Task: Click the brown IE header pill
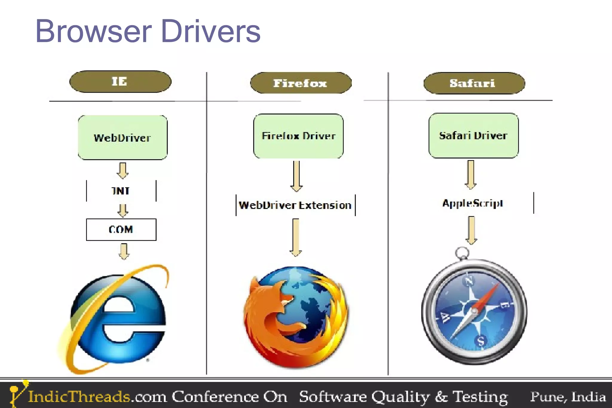coord(120,82)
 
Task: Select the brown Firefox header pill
coord(301,83)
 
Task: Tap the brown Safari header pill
coord(474,83)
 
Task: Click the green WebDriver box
coord(123,137)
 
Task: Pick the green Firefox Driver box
coord(298,136)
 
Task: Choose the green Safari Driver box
coord(473,135)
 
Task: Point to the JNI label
coord(121,191)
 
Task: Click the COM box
coord(121,230)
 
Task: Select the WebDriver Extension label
coord(295,205)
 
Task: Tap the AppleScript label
coord(473,203)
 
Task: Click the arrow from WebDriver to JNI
coord(123,170)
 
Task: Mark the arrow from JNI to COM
coord(123,210)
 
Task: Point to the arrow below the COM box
coord(124,251)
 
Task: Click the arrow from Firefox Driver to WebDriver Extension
coord(296,176)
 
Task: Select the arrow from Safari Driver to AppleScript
coord(471,175)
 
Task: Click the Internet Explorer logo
coord(117,318)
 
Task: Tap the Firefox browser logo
coord(296,317)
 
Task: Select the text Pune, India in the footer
coord(568,397)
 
